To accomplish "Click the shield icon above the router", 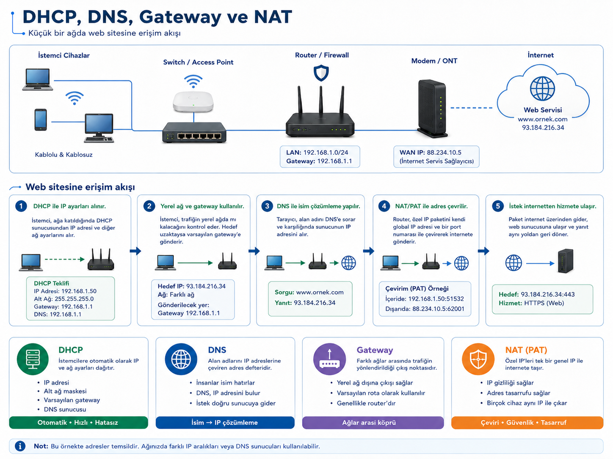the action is [321, 73].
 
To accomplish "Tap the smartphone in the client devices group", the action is [41, 120].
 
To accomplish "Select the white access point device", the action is [193, 102].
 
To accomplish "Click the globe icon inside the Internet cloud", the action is [542, 88].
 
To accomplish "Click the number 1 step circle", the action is [21, 206].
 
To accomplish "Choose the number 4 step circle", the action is [384, 206].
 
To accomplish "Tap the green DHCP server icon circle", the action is [33, 359].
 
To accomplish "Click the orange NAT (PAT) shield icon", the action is [478, 359].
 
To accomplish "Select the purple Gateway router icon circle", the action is [329, 359].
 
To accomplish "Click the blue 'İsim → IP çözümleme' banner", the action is [225, 423].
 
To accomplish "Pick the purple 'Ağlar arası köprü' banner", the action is [373, 423].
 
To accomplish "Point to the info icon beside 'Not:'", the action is [20, 446].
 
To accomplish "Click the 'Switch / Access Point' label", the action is [198, 62].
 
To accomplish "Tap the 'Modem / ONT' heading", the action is [434, 61].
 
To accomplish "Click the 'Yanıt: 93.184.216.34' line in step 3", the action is [305, 303].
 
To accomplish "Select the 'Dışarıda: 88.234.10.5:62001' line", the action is [425, 309].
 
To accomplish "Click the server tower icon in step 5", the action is [566, 261].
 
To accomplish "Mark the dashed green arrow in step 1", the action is [65, 259].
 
